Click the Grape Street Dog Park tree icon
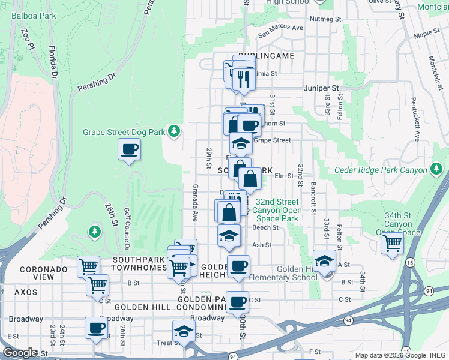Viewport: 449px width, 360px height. tap(173, 130)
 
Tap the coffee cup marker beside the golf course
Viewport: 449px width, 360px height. tap(130, 149)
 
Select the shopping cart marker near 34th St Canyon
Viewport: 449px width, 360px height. tap(392, 244)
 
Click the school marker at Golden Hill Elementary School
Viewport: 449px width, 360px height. tap(324, 262)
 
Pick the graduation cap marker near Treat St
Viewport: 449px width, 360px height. tap(184, 331)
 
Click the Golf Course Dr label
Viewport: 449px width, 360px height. tap(127, 229)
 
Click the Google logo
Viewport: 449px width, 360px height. tap(20, 353)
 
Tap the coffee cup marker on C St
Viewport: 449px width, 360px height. tap(238, 302)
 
